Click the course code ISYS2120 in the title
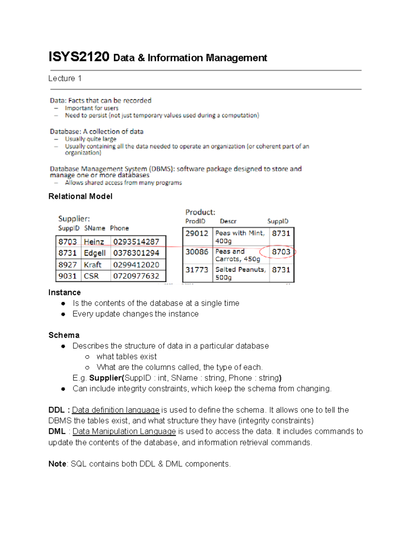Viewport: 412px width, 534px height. coord(79,57)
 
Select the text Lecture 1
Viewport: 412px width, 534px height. coord(65,78)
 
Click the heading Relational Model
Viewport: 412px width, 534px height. coord(80,196)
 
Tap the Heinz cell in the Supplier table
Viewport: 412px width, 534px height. coord(94,242)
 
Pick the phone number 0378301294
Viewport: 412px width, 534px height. coord(136,253)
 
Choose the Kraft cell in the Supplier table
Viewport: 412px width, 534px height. coord(92,265)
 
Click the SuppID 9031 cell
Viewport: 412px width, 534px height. coord(67,276)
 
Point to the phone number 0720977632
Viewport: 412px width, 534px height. coord(136,276)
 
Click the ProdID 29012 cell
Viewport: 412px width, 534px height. coord(197,233)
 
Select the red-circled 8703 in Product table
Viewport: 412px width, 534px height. coord(281,252)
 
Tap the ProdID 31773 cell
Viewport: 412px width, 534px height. coord(197,270)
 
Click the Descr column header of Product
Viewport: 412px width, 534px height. coord(228,221)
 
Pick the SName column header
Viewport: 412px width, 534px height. coord(95,228)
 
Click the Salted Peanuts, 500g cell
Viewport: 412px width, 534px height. coord(240,273)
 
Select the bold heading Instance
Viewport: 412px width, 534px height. coord(65,293)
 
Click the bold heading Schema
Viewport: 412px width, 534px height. coord(64,335)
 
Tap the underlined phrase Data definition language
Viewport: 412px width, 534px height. coord(116,410)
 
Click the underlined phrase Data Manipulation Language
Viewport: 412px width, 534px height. coord(124,431)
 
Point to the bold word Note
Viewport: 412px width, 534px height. coord(57,464)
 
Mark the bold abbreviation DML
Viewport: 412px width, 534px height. coord(57,431)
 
